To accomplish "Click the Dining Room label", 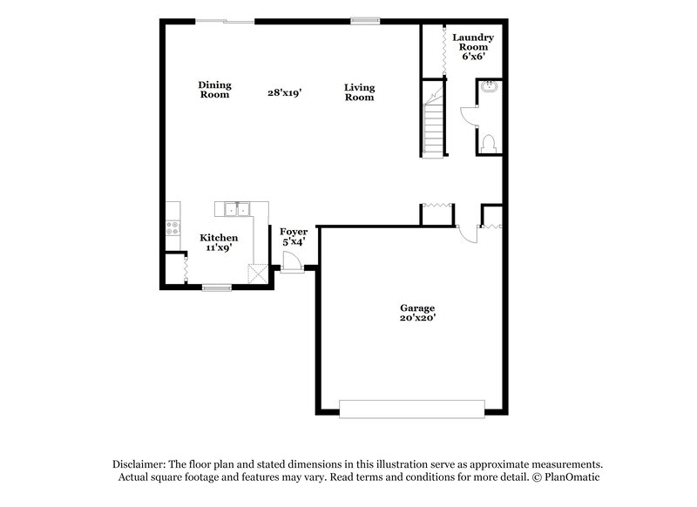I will coord(214,90).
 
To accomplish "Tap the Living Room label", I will coord(358,92).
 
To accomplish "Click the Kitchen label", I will coord(219,237).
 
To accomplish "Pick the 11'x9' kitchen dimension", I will coord(219,247).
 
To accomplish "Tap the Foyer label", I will coord(293,231).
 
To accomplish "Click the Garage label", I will coord(417,308).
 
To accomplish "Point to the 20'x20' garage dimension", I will coord(417,319).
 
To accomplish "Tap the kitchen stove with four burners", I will coord(173,229).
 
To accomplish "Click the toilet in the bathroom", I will coord(488,143).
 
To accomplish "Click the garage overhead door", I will coord(411,408).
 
